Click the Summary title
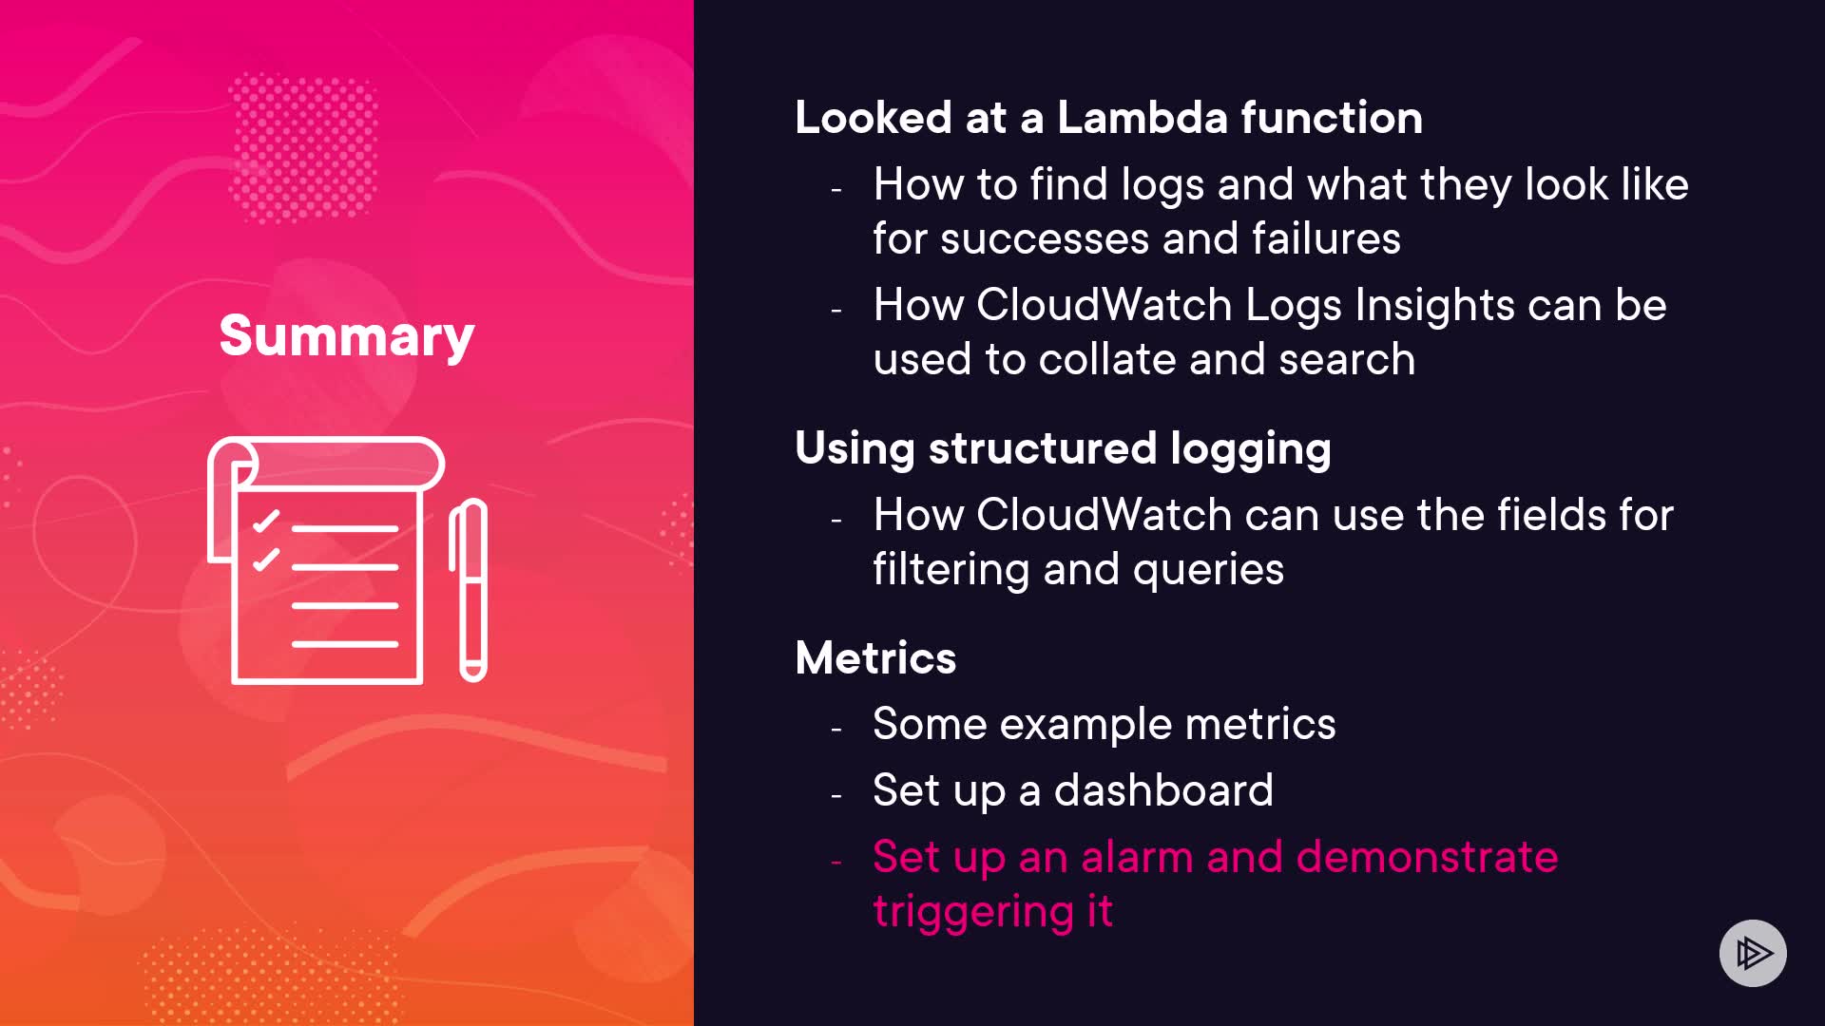[347, 336]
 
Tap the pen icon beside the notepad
[469, 590]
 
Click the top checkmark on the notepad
[266, 522]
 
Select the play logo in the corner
[1753, 953]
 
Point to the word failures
[1326, 238]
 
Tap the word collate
[1107, 359]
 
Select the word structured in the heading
[1043, 448]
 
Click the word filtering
[951, 570]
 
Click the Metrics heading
[875, 657]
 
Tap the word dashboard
[1163, 790]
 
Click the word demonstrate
[1428, 857]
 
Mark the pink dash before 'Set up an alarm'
[836, 862]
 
